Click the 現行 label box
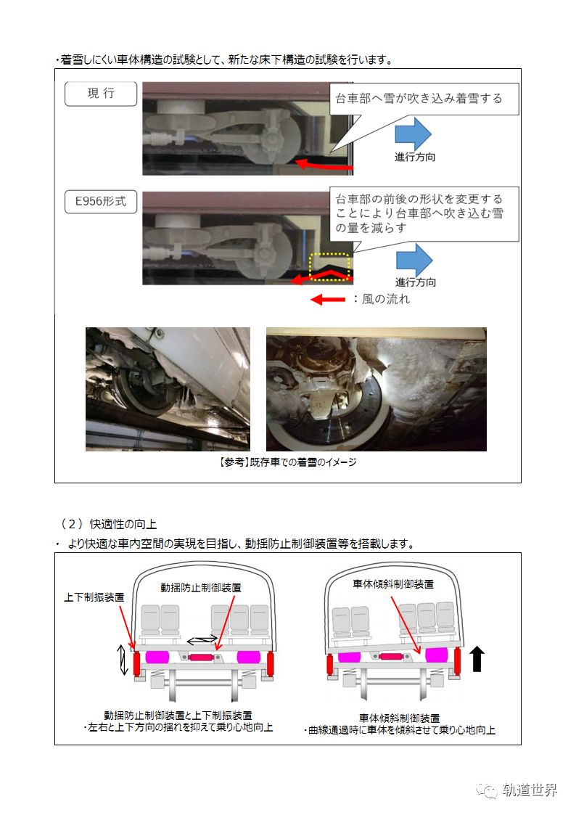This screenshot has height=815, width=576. (x=100, y=95)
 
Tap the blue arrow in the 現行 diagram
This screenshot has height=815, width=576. (x=413, y=134)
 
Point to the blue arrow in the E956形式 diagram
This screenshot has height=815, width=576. (x=413, y=260)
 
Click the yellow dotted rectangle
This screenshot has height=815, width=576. (x=329, y=266)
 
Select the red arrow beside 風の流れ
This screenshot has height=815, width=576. (x=327, y=299)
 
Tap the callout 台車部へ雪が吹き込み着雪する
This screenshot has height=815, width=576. (x=424, y=99)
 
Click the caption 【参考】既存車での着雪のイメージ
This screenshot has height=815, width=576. (x=287, y=462)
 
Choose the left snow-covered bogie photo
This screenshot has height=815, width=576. (x=168, y=389)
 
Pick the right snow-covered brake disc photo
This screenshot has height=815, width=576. (x=376, y=389)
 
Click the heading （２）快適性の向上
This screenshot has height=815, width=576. (x=108, y=524)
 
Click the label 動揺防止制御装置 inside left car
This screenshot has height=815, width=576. (x=201, y=586)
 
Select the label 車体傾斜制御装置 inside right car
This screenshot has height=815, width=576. (x=394, y=583)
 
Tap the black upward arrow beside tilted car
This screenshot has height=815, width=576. (x=477, y=660)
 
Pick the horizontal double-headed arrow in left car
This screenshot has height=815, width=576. (x=202, y=639)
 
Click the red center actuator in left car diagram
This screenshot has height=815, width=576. (x=202, y=658)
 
